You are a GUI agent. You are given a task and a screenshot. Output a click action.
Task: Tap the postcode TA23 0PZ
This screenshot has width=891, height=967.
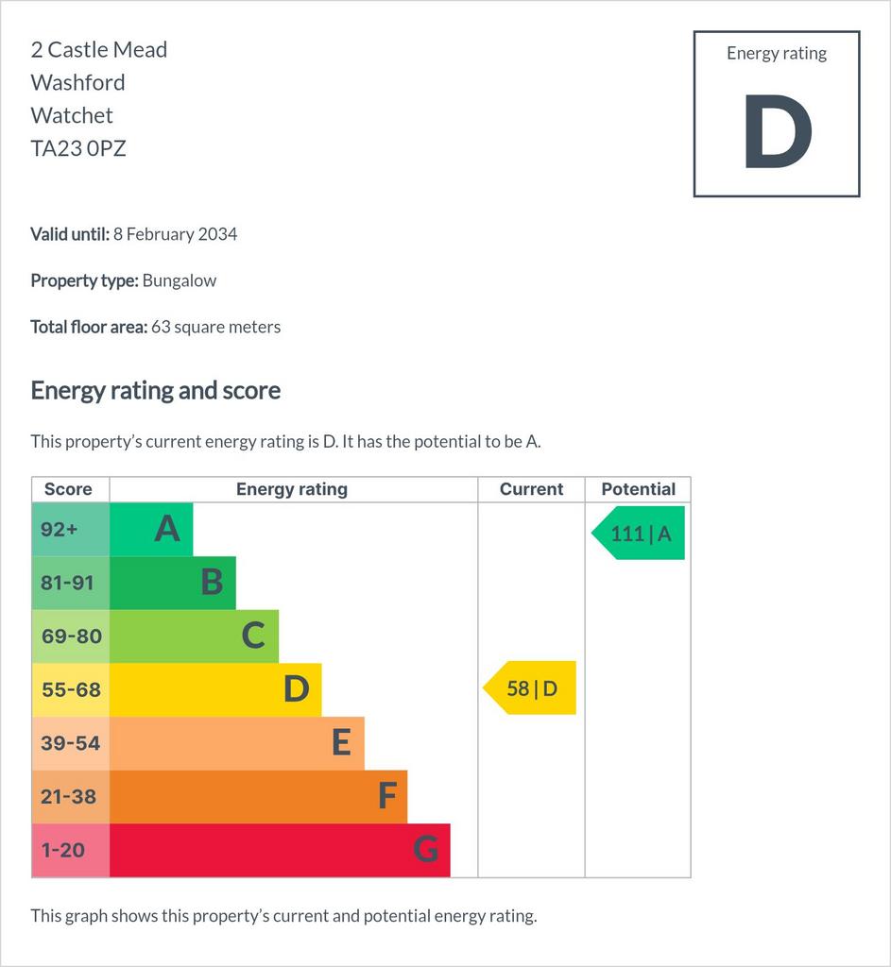[78, 148]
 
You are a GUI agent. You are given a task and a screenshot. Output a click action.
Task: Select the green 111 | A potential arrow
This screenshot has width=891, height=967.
[638, 533]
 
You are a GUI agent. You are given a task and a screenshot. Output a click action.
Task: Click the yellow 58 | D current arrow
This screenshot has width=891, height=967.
[529, 687]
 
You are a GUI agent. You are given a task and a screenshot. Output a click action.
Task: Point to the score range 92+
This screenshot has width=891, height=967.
[60, 529]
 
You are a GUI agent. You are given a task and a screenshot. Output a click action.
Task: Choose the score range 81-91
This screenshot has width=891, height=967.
[67, 583]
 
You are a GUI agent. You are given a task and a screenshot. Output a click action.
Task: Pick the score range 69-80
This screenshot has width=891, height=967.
[72, 636]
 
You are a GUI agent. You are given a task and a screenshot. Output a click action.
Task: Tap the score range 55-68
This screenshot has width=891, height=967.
[71, 689]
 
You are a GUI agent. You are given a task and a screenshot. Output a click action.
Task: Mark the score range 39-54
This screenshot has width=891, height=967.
[70, 743]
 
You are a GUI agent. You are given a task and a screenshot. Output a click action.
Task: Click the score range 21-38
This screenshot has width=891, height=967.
[68, 797]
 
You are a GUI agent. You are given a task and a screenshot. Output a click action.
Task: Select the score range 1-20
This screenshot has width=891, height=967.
[63, 851]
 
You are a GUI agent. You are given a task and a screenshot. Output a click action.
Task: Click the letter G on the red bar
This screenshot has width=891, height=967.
[426, 849]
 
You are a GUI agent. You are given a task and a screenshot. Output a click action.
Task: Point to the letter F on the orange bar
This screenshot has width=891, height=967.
[386, 795]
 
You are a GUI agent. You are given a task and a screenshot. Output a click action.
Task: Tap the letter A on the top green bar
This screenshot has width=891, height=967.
[167, 529]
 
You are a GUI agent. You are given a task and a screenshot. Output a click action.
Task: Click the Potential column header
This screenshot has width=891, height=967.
[638, 489]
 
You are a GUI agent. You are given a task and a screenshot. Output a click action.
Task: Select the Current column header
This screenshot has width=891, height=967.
[531, 489]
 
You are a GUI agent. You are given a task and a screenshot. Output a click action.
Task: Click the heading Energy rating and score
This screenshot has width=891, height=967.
[156, 391]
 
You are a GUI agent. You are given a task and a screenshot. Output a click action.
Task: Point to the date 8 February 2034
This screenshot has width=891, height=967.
[175, 234]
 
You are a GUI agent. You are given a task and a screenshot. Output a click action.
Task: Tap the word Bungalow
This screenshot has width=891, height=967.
[179, 280]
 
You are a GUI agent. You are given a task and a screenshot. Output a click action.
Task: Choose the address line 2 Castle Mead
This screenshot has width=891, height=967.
[98, 49]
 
